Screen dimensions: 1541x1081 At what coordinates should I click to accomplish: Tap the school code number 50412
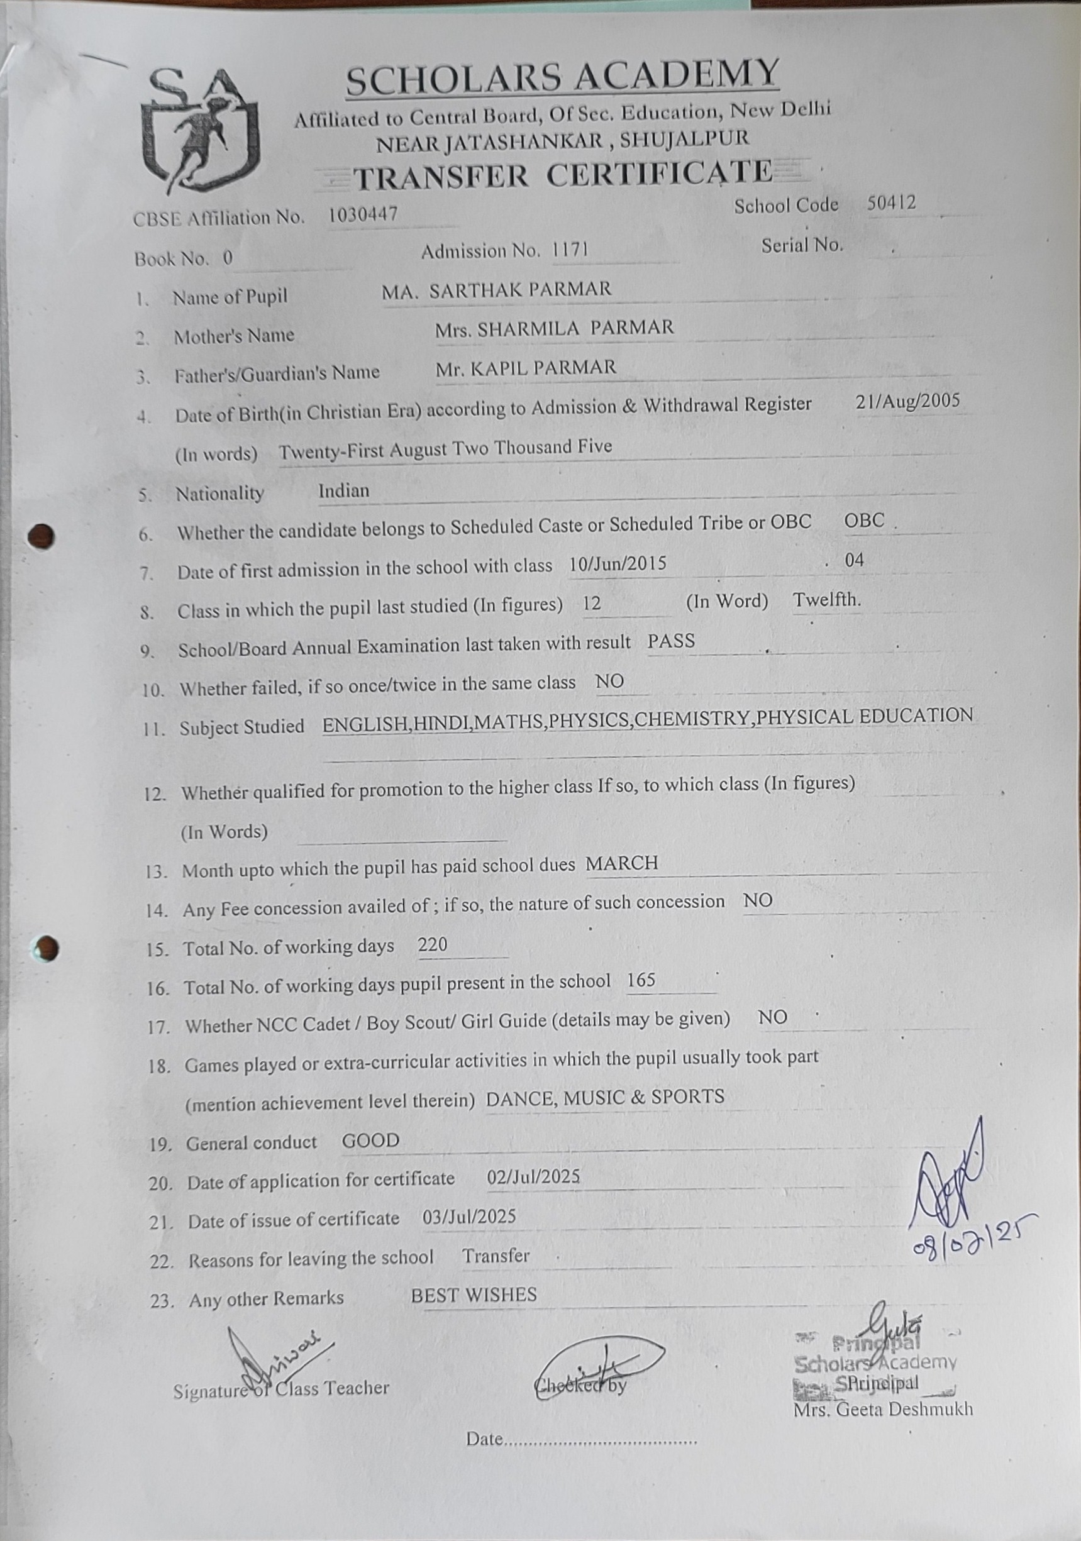[x=891, y=202]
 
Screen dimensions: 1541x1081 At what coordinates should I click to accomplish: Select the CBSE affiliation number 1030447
[x=363, y=215]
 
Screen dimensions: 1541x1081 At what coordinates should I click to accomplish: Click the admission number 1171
[x=569, y=250]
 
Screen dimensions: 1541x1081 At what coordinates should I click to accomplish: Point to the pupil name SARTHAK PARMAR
[x=519, y=289]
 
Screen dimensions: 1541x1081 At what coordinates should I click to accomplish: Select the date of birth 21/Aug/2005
[x=908, y=401]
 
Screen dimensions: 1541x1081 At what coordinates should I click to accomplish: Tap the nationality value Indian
[x=343, y=490]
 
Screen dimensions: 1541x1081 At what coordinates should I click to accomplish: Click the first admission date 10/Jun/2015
[x=617, y=564]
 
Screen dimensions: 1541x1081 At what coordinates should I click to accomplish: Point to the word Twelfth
[x=826, y=599]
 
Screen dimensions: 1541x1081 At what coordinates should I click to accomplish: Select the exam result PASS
[x=671, y=641]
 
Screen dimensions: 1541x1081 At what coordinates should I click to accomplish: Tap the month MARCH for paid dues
[x=622, y=863]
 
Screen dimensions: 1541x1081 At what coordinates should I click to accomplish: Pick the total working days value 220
[x=433, y=944]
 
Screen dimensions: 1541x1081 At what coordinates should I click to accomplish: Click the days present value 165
[x=641, y=981]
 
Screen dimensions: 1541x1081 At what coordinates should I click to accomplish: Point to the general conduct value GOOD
[x=370, y=1141]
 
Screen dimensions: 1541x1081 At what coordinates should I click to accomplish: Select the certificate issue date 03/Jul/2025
[x=468, y=1217]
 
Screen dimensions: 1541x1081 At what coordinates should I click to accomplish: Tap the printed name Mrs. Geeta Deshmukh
[x=882, y=1408]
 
